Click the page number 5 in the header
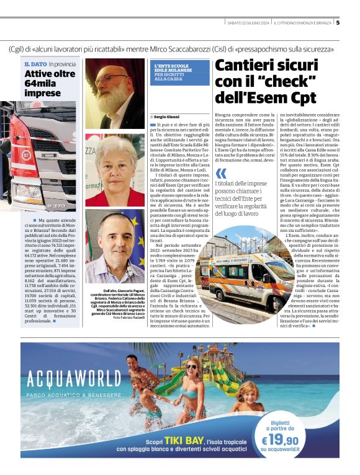tap(338, 24)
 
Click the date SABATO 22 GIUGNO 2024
tap(248, 24)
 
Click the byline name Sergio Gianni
tap(166, 117)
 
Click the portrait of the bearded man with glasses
tap(114, 93)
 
